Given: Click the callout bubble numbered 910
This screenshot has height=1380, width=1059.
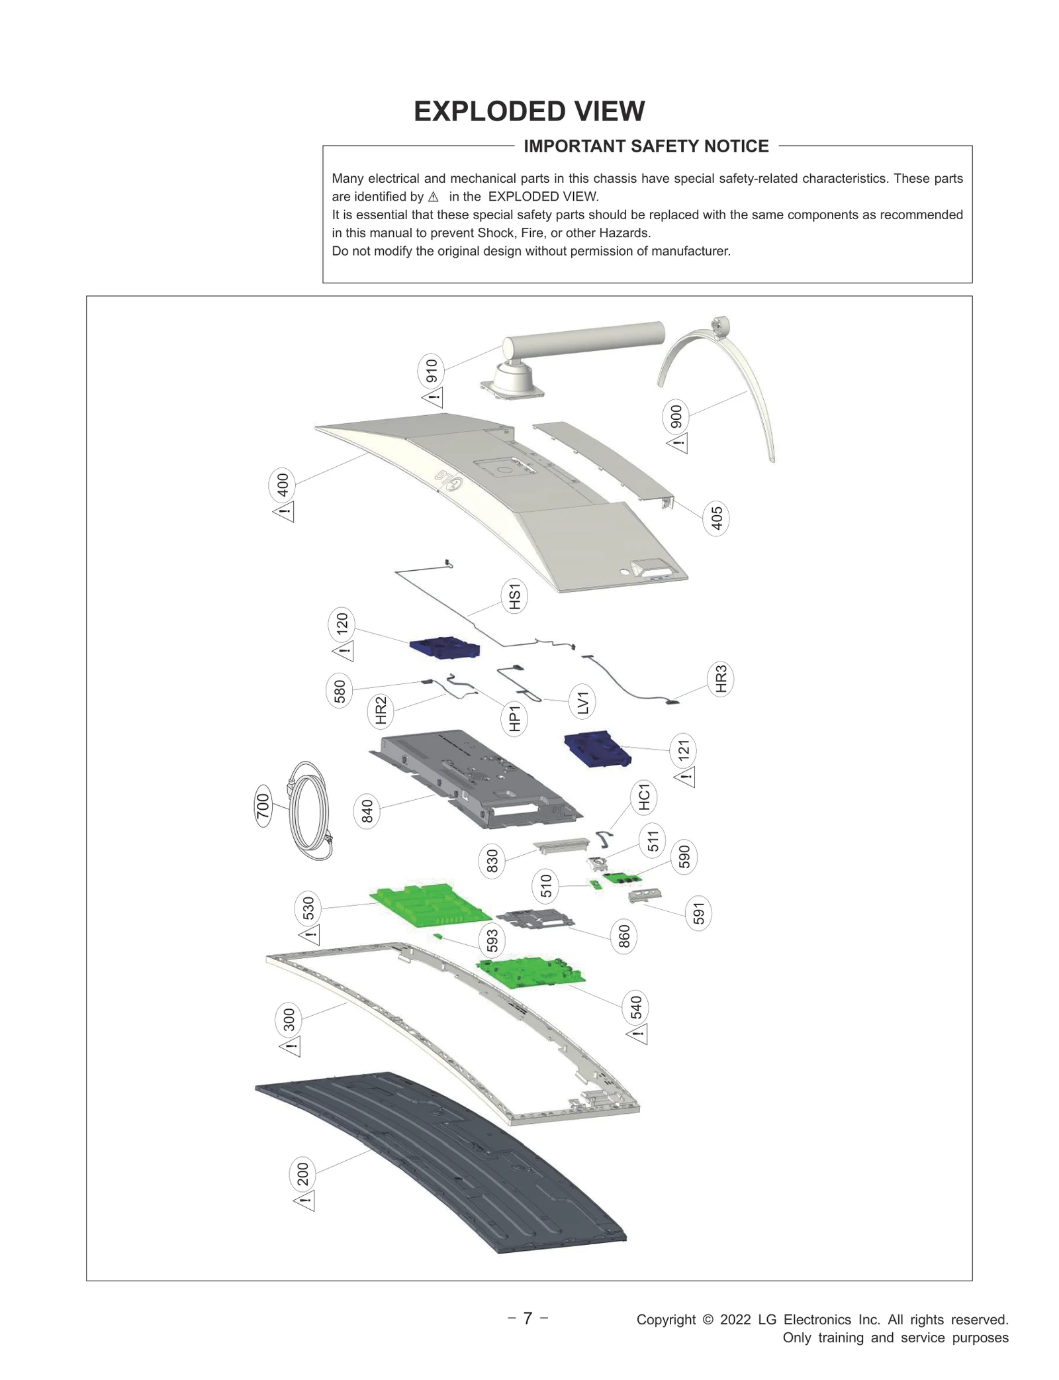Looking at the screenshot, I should (432, 370).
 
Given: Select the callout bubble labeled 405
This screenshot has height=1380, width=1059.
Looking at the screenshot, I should (716, 518).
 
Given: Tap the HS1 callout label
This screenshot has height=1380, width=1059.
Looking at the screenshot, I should (514, 596).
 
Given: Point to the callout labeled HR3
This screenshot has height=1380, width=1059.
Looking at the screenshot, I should (721, 679).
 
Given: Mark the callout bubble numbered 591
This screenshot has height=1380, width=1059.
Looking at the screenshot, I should (699, 914).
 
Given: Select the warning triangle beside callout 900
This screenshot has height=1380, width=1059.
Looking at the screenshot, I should (678, 443).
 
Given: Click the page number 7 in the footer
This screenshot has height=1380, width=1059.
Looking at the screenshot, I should (528, 1318).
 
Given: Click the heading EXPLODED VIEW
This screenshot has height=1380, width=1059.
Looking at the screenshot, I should (529, 112).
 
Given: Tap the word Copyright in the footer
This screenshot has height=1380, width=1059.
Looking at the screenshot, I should (666, 1320).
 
